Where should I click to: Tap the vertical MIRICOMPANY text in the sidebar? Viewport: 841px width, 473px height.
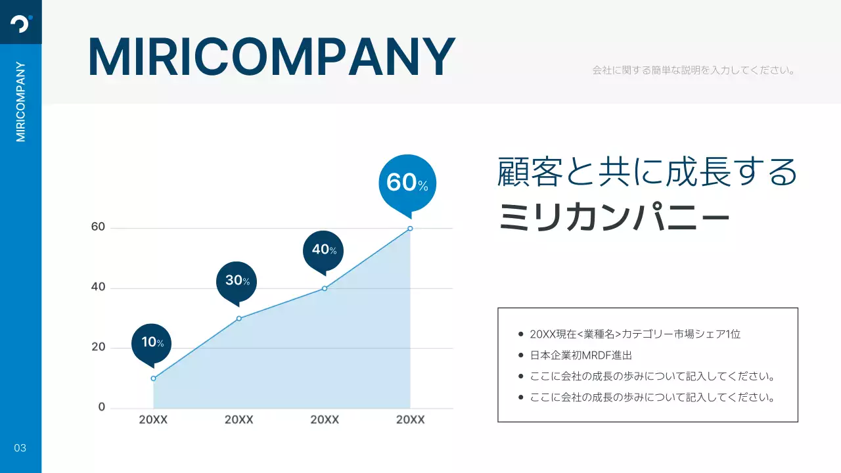pyautogui.click(x=21, y=102)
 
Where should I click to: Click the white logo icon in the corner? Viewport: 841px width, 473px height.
pyautogui.click(x=21, y=23)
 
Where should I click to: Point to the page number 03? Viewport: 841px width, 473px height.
pyautogui.click(x=20, y=448)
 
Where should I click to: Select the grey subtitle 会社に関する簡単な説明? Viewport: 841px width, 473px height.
pyautogui.click(x=694, y=70)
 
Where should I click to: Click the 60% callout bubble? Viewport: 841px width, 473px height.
pyautogui.click(x=407, y=182)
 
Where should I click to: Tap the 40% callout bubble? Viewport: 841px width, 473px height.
pyautogui.click(x=323, y=250)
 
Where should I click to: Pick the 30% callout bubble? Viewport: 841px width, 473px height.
pyautogui.click(x=237, y=281)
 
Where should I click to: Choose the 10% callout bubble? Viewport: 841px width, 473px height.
pyautogui.click(x=152, y=342)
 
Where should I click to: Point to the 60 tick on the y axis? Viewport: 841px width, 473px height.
pyautogui.click(x=98, y=227)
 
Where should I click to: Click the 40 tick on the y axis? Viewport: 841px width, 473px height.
pyautogui.click(x=98, y=288)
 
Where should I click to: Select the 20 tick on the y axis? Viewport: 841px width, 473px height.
pyautogui.click(x=98, y=348)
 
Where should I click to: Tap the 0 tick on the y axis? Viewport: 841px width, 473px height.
pyautogui.click(x=101, y=407)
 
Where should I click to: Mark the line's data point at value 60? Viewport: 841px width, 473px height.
pyautogui.click(x=410, y=229)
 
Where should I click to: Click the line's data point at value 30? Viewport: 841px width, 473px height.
pyautogui.click(x=239, y=319)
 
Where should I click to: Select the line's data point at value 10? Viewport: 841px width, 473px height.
pyautogui.click(x=153, y=378)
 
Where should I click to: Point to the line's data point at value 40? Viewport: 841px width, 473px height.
pyautogui.click(x=325, y=288)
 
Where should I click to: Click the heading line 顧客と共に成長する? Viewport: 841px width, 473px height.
pyautogui.click(x=647, y=172)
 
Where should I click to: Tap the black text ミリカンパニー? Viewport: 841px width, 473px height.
pyautogui.click(x=614, y=217)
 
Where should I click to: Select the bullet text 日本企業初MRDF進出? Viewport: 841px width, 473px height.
pyautogui.click(x=581, y=355)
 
